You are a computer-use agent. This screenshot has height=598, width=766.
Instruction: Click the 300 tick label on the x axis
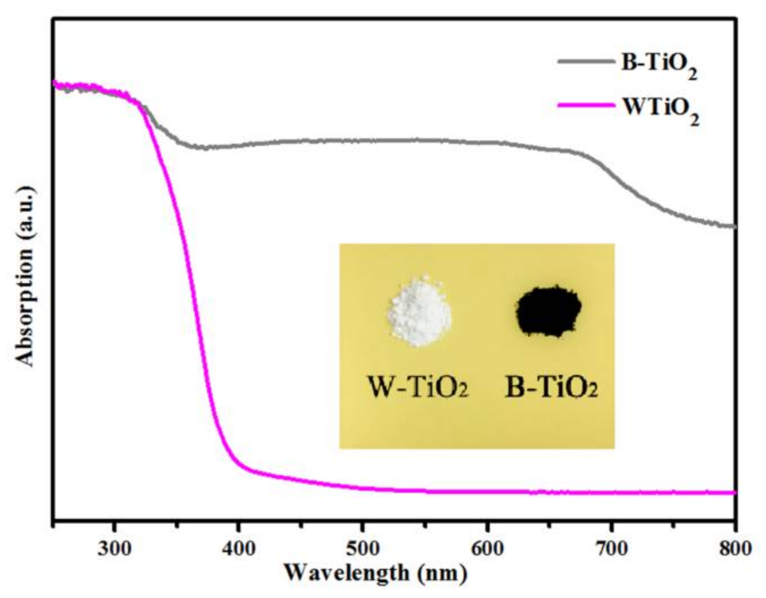114,548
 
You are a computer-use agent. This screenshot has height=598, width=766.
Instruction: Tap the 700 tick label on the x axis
612,548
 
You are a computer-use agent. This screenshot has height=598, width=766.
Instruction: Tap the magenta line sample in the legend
586,106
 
